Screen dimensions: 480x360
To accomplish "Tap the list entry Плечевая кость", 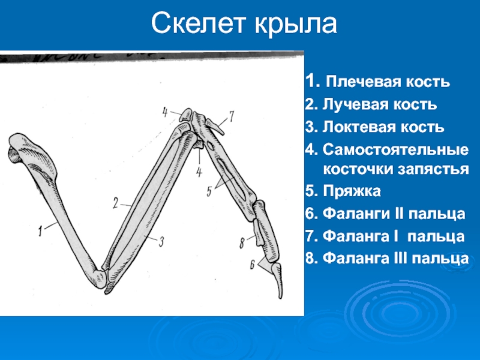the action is point(377,82).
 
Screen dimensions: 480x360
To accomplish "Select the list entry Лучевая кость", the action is point(371,104).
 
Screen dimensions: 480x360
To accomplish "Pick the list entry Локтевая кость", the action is point(374,127).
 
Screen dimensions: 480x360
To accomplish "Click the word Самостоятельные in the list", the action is point(395,149).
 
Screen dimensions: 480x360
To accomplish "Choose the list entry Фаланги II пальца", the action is point(385,214).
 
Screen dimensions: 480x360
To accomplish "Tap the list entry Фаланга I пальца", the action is point(385,236).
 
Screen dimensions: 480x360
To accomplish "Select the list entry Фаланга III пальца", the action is point(387,259).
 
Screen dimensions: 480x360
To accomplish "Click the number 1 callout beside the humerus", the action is point(40,232).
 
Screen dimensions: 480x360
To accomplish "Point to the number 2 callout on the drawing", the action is point(115,203).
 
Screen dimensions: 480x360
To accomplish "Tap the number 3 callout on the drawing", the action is point(161,242).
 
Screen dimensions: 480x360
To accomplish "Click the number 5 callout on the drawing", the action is point(209,192).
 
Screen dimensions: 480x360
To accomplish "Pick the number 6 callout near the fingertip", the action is point(252,265).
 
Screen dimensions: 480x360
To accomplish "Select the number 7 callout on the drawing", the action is point(232,116).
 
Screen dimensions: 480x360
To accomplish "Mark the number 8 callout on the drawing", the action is point(242,244).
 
